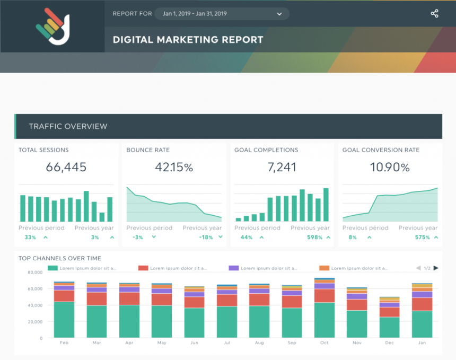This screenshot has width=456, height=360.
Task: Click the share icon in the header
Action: coord(434,14)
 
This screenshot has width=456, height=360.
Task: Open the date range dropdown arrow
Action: coord(279,14)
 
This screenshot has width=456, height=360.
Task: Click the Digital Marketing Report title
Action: coord(188,40)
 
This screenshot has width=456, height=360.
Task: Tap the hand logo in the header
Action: coord(52,26)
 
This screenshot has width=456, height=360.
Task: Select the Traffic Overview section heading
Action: coord(68,126)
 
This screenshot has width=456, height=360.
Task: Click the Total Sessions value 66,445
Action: coord(66,168)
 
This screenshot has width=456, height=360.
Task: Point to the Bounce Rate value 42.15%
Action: coord(174,168)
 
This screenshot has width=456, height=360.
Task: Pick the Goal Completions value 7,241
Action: coord(282,168)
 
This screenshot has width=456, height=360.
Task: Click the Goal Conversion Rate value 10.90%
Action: coord(390,168)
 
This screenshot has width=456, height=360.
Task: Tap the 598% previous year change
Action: coord(314,238)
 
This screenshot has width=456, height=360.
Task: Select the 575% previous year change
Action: coord(423,238)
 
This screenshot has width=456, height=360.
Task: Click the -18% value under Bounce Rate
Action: coord(206,238)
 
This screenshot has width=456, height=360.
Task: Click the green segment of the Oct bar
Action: coord(324,320)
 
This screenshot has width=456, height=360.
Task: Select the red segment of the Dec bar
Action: coord(389,312)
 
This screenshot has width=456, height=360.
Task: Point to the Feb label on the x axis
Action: coord(64,343)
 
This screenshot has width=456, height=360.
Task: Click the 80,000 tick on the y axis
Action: coord(34,273)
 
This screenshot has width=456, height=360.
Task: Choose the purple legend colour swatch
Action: coord(233,268)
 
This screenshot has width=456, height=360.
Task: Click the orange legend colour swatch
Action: coord(324,268)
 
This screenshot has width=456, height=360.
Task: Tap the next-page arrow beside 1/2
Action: coord(436,268)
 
